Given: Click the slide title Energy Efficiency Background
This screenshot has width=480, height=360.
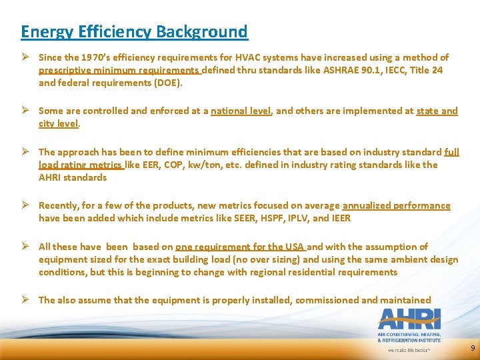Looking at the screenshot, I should point(134,31).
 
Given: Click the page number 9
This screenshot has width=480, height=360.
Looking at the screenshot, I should point(473,349).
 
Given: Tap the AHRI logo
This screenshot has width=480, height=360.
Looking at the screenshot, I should point(409,319).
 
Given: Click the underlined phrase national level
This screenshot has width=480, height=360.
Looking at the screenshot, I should point(241,111).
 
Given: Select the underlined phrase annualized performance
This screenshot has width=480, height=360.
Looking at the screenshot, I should point(396,205).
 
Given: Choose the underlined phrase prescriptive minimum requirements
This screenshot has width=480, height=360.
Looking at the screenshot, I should point(119,70).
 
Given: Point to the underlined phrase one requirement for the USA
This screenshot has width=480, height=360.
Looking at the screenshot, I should point(240,247).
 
